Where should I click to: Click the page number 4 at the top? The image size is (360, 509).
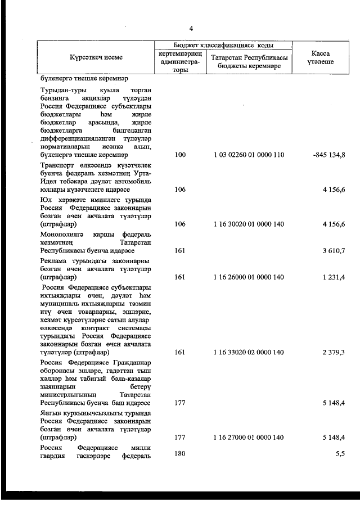(x=191, y=29)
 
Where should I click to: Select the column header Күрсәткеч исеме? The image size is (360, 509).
(x=96, y=57)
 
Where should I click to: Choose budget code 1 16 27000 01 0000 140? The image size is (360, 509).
(x=248, y=436)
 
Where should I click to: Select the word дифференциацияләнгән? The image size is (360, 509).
(x=76, y=137)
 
